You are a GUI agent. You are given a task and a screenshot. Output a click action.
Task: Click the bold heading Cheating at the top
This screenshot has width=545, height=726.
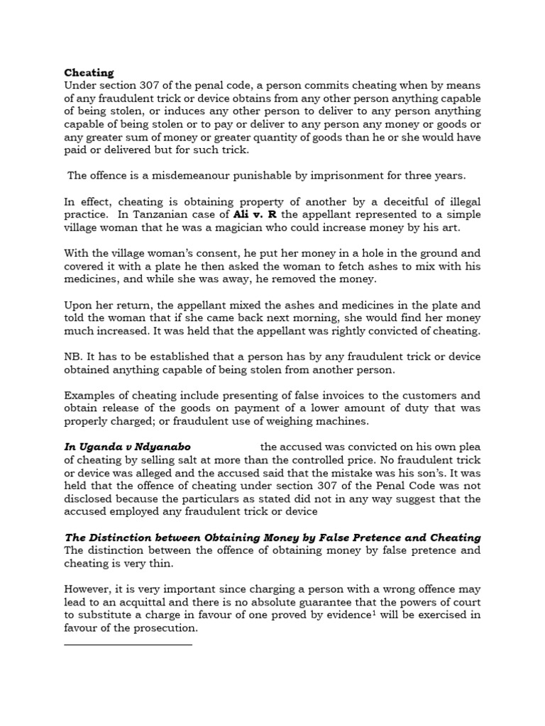pyautogui.click(x=89, y=72)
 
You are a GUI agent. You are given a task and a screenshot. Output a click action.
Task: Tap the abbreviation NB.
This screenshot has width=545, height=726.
pyautogui.click(x=74, y=356)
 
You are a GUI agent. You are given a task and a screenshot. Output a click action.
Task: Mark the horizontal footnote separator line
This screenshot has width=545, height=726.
pyautogui.click(x=128, y=644)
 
